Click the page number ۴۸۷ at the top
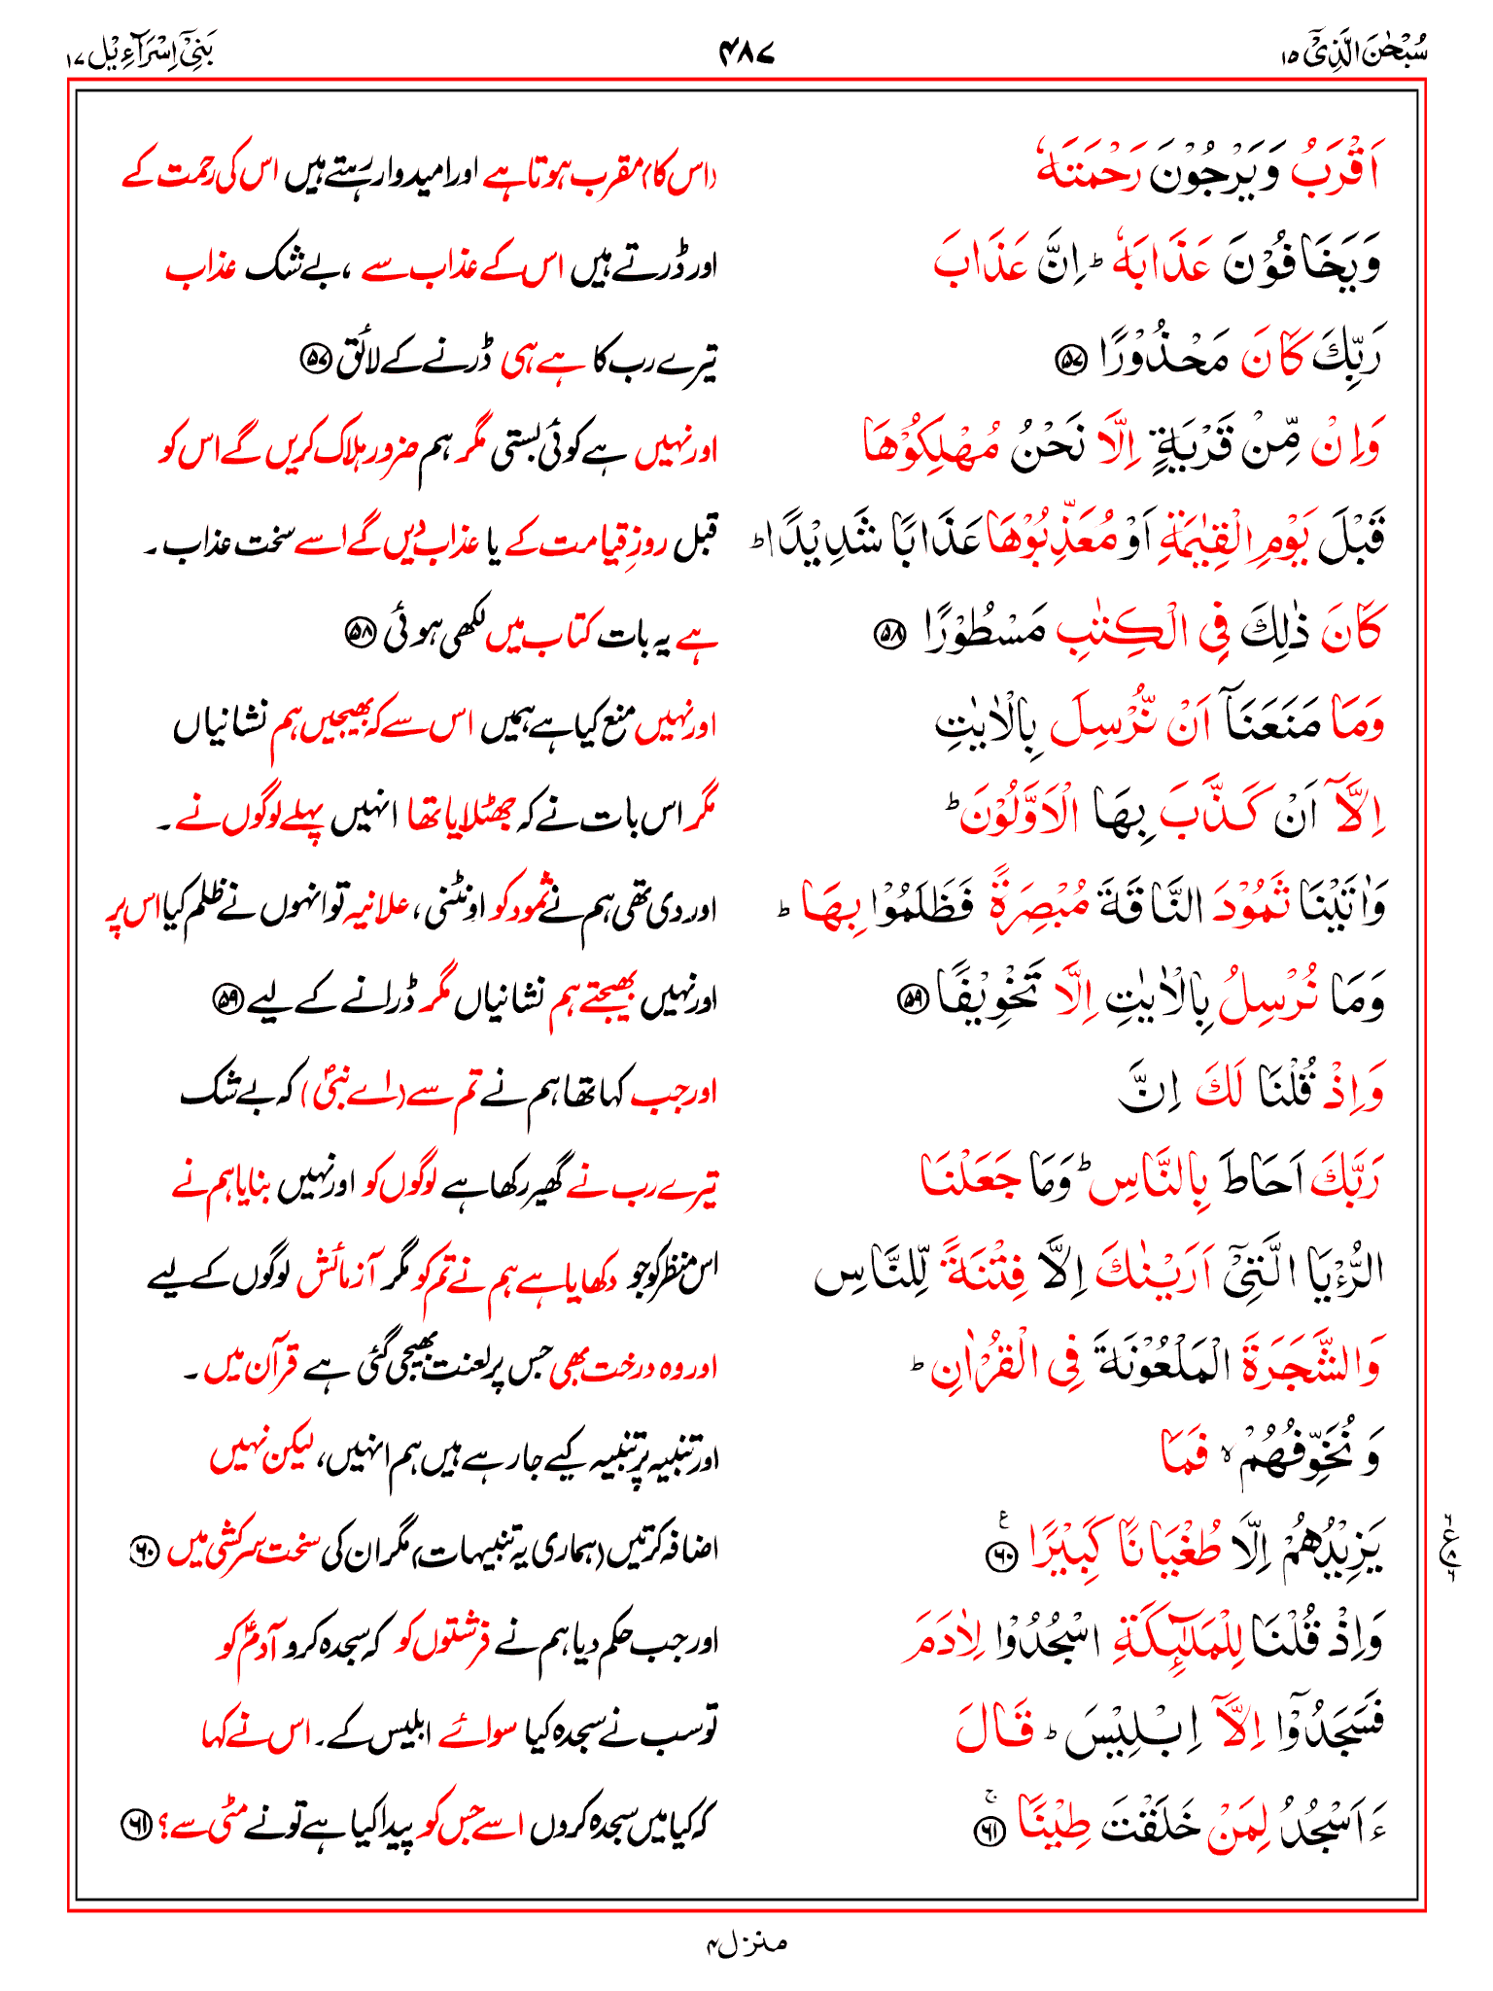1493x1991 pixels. click(x=746, y=52)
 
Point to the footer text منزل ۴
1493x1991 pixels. click(x=746, y=1943)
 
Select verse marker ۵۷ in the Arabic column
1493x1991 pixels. click(x=1070, y=361)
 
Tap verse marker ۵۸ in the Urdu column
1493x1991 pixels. click(x=361, y=636)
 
